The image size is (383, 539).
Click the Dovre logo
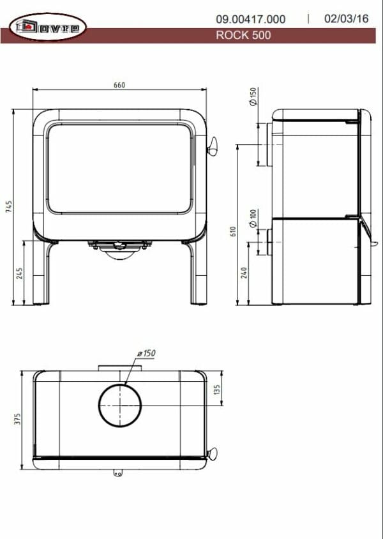point(47,27)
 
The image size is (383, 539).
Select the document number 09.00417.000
point(250,19)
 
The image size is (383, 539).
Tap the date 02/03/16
point(346,19)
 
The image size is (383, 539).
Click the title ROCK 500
point(243,35)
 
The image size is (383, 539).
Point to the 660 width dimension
point(119,85)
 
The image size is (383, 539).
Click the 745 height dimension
point(9,207)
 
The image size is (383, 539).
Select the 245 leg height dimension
point(20,273)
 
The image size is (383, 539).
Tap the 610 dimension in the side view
point(234,231)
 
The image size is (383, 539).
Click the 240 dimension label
point(244,273)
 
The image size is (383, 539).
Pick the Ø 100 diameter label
point(253,218)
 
